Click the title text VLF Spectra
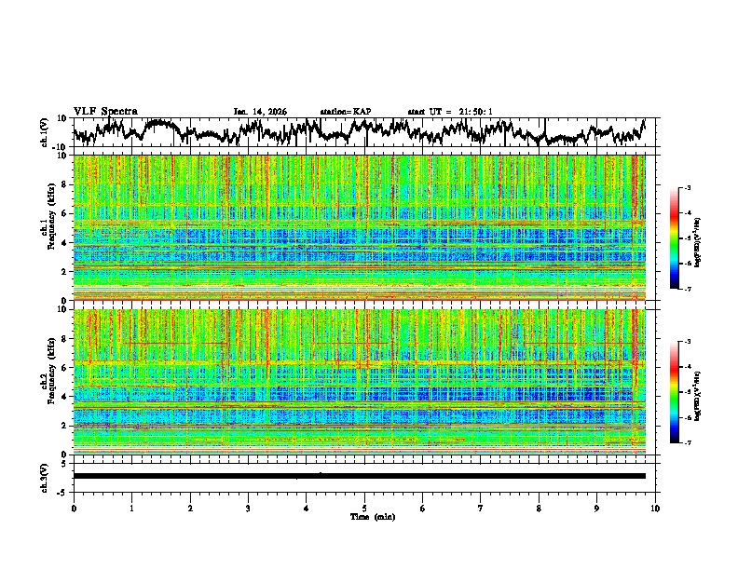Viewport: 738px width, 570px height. (x=105, y=112)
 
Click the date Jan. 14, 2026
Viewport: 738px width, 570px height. (x=260, y=112)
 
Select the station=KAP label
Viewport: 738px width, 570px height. (x=346, y=112)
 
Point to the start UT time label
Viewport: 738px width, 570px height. (x=450, y=112)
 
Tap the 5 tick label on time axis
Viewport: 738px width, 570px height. (x=364, y=507)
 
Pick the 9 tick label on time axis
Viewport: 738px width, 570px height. (x=597, y=507)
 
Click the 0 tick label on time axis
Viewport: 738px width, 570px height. (x=74, y=507)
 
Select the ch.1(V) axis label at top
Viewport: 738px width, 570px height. (x=45, y=133)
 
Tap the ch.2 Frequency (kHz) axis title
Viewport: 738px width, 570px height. (x=45, y=381)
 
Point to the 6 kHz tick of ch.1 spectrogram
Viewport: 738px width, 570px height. (x=64, y=213)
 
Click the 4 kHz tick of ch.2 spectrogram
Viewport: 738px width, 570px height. (x=64, y=396)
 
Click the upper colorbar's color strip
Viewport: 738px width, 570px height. (x=674, y=238)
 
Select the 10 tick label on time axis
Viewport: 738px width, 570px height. (x=655, y=507)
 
